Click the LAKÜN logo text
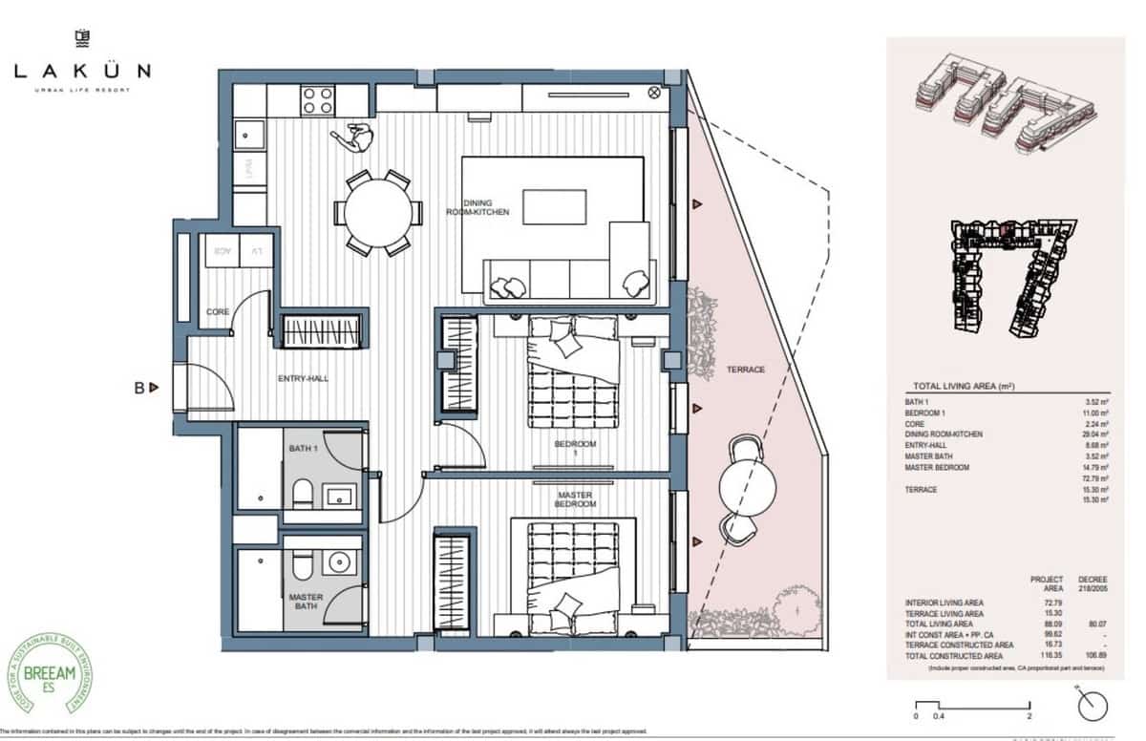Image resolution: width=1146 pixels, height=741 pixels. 83,71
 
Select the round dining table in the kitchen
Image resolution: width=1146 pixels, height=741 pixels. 378,213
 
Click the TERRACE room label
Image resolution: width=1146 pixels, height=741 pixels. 745,370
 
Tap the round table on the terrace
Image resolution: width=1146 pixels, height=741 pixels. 744,485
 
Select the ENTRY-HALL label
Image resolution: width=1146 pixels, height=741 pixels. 303,379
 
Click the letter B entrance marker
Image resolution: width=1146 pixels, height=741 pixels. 139,388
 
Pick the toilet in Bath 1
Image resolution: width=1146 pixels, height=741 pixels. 301,494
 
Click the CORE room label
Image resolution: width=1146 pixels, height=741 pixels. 218,312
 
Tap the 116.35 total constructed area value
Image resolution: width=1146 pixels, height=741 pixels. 1042,656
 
